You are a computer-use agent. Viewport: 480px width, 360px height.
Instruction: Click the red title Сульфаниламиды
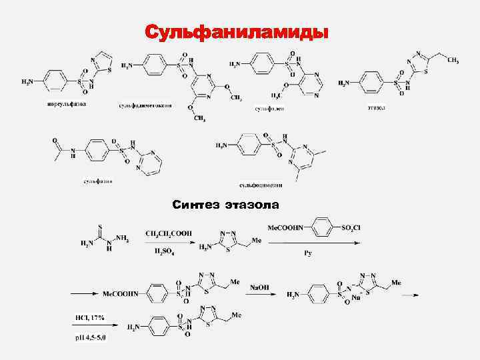point(237,32)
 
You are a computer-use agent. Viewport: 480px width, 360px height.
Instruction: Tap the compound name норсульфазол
point(66,103)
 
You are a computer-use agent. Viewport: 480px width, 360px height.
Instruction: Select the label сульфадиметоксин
point(146,106)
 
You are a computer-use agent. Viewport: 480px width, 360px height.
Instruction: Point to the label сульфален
point(270,107)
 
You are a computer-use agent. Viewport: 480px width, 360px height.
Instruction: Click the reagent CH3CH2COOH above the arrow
point(169,233)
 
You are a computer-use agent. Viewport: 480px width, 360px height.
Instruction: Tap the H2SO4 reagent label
point(167,251)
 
